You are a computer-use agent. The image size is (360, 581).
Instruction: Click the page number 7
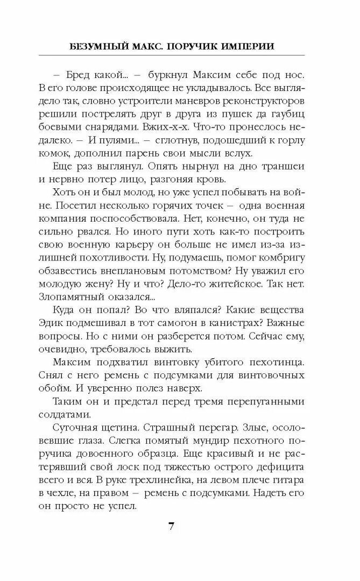pyautogui.click(x=172, y=526)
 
